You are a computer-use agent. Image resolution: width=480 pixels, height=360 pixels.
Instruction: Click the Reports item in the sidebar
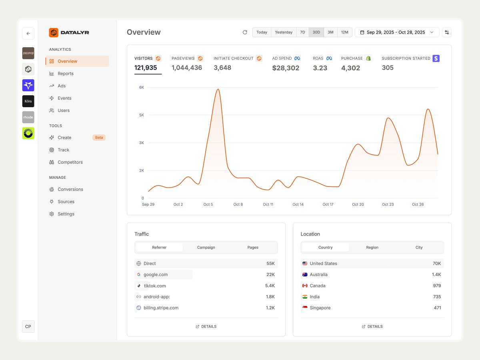[x=65, y=74]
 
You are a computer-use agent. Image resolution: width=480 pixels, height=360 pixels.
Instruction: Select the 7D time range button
[x=302, y=32]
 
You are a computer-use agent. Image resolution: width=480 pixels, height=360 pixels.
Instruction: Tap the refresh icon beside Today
[x=245, y=32]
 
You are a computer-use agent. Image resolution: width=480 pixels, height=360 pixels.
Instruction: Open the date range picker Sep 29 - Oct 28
[x=396, y=32]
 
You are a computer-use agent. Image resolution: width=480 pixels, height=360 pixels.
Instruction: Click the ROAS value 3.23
[x=320, y=68]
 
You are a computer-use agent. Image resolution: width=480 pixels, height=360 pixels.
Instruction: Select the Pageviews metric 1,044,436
[x=187, y=68]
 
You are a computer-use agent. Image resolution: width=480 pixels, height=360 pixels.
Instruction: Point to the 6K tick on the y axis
[x=141, y=87]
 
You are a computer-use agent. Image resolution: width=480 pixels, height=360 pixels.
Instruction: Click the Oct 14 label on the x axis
[x=298, y=204]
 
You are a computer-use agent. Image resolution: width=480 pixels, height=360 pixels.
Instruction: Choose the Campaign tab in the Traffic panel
[x=206, y=248]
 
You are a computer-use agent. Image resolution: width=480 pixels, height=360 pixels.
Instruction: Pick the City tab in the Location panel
[x=419, y=248]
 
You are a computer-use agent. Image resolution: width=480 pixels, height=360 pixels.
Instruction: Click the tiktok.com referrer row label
[x=155, y=286]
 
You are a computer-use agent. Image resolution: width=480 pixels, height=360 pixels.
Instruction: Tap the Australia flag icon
[x=305, y=275]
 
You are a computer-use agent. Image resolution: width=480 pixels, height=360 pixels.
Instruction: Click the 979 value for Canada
[x=437, y=286]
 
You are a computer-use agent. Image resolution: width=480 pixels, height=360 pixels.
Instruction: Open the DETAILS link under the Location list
[x=372, y=327]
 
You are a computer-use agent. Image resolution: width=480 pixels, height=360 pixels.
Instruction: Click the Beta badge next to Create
[x=99, y=138]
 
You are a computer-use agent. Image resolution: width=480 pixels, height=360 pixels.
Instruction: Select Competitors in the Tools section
[x=70, y=162]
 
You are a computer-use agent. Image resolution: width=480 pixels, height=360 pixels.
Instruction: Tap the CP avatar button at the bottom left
[x=28, y=326]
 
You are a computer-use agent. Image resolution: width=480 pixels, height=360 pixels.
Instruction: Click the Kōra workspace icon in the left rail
[x=28, y=101]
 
